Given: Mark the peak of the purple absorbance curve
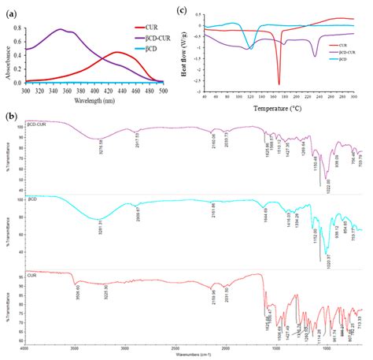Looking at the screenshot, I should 61,30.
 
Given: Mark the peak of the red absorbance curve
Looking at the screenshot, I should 116,53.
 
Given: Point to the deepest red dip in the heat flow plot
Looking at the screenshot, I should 279,84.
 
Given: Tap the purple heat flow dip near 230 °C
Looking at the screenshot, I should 315,55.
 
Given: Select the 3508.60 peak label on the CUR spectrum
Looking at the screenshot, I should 73,298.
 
